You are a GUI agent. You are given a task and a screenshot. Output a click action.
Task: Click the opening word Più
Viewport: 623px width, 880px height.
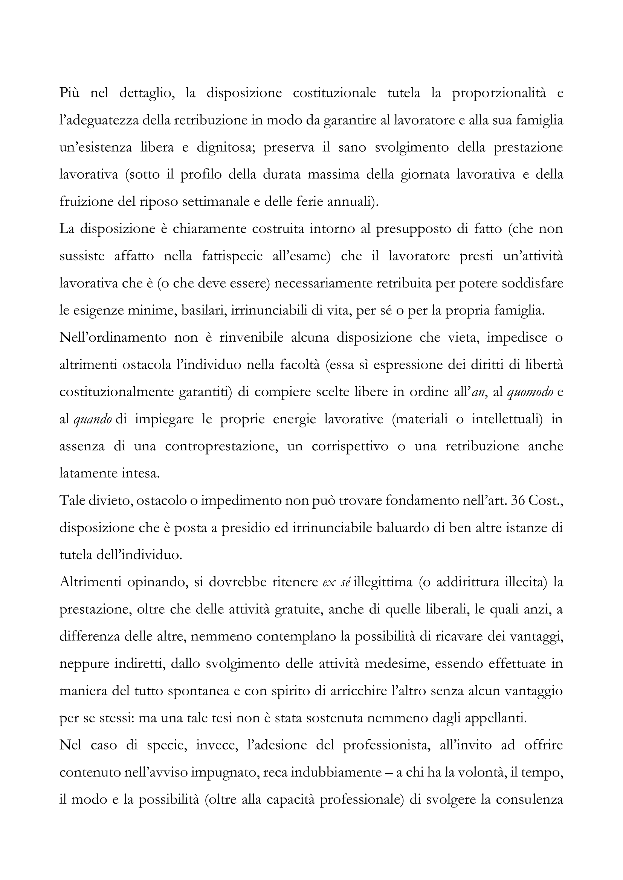70,93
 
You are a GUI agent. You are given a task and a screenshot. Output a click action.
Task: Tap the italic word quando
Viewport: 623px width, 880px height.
92,419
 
